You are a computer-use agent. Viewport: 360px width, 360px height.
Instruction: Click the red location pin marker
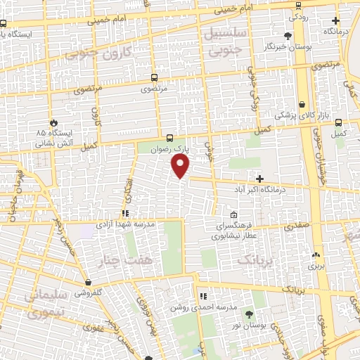[x=181, y=166]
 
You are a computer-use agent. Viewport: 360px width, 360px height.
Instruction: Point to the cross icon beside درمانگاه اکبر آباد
[x=260, y=179]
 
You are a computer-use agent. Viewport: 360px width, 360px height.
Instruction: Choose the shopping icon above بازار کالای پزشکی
[x=302, y=104]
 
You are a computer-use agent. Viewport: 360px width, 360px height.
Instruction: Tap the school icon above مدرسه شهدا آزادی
[x=125, y=213]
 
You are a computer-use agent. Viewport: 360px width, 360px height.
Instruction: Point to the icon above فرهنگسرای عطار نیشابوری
[x=234, y=214]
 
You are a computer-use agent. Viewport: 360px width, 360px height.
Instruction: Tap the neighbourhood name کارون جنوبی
[x=98, y=53]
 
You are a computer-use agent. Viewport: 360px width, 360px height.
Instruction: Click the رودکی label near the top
[x=299, y=15]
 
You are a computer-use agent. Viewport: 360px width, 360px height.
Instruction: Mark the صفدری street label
[x=297, y=227]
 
